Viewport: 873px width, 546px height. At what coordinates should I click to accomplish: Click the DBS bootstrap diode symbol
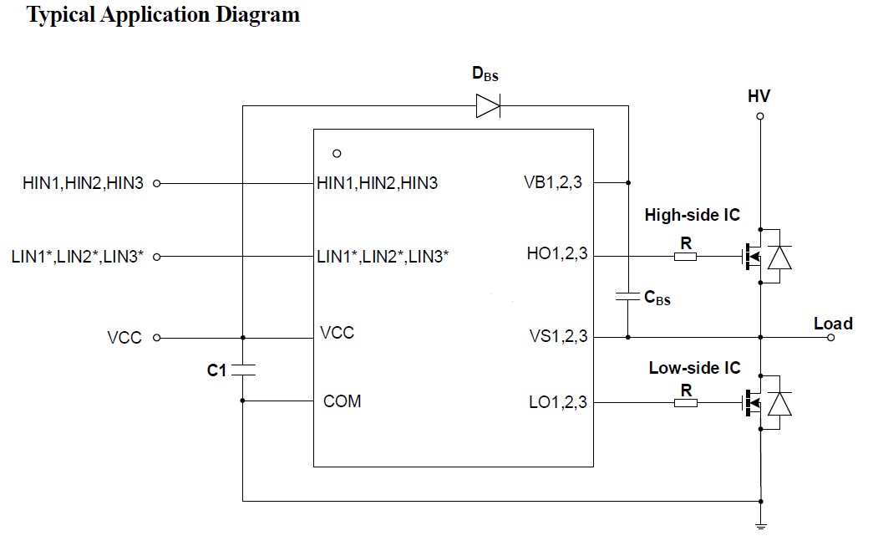pyautogui.click(x=488, y=106)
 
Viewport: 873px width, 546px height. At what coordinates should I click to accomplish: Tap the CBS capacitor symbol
pyautogui.click(x=627, y=296)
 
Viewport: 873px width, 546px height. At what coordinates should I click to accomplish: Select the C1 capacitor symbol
pyautogui.click(x=243, y=370)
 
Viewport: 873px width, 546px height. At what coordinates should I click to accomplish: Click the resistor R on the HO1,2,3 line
pyautogui.click(x=685, y=257)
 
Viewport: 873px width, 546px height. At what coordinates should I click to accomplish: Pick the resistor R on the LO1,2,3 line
pyautogui.click(x=685, y=402)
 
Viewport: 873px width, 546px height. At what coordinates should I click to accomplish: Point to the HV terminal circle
pyautogui.click(x=760, y=116)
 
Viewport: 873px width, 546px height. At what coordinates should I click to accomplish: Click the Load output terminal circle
pyautogui.click(x=830, y=337)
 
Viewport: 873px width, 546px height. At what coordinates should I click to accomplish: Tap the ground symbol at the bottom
pyautogui.click(x=760, y=525)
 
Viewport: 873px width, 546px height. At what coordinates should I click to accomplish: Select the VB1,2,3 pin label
pyautogui.click(x=553, y=182)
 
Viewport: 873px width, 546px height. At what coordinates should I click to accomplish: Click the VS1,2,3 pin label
pyautogui.click(x=558, y=336)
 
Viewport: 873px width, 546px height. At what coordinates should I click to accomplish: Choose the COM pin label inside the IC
pyautogui.click(x=342, y=401)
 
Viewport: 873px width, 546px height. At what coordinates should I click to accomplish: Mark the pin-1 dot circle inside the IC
pyautogui.click(x=337, y=153)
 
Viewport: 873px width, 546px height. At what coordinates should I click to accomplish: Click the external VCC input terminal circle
pyautogui.click(x=156, y=338)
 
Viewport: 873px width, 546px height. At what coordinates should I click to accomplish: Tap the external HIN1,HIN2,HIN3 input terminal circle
pyautogui.click(x=156, y=183)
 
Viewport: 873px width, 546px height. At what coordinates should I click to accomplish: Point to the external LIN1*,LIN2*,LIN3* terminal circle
pyautogui.click(x=156, y=257)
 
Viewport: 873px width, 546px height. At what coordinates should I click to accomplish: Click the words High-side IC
pyautogui.click(x=692, y=215)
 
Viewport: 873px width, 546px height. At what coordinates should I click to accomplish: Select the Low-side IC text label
pyautogui.click(x=694, y=368)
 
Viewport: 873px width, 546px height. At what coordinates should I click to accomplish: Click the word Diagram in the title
pyautogui.click(x=258, y=15)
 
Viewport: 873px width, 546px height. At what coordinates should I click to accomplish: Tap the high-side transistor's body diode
pyautogui.click(x=779, y=257)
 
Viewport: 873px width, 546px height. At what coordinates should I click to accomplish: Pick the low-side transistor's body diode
pyautogui.click(x=779, y=403)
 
